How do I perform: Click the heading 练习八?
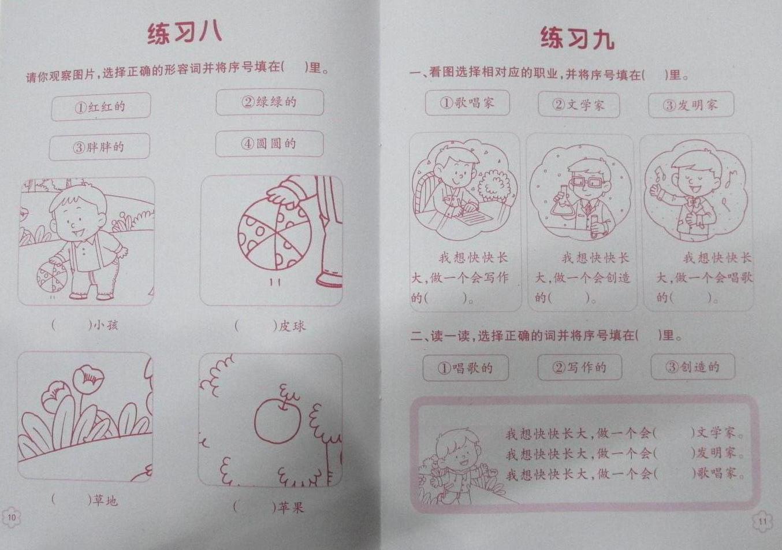click(184, 34)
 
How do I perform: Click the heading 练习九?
click(577, 38)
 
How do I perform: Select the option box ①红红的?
click(101, 107)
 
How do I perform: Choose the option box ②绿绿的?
click(270, 102)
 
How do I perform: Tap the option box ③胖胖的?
click(99, 147)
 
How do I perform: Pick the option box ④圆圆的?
click(269, 143)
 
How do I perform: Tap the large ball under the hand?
click(275, 234)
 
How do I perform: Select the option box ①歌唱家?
click(467, 103)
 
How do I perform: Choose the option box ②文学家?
click(579, 105)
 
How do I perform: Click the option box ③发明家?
click(691, 105)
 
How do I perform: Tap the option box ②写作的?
click(579, 367)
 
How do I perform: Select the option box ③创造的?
click(692, 367)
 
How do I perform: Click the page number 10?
click(12, 517)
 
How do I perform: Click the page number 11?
click(763, 522)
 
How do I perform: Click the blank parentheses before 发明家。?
click(674, 454)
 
